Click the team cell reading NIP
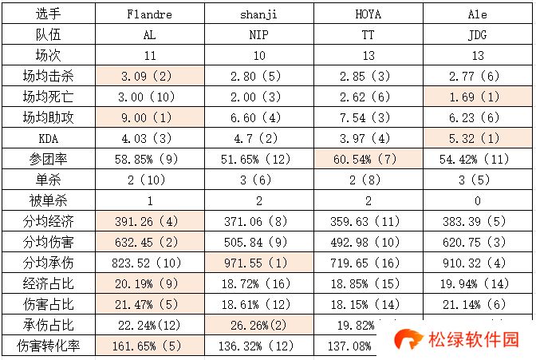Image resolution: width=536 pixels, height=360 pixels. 258,36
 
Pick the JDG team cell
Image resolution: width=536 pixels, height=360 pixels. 478,36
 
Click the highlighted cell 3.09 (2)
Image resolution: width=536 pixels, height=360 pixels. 149,77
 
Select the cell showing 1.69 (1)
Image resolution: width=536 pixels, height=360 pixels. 478,98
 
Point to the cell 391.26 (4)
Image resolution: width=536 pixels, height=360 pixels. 149,222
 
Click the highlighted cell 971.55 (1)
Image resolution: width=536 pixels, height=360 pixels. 258,263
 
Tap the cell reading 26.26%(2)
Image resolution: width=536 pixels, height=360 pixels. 258,325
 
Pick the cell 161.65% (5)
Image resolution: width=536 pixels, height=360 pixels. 149,346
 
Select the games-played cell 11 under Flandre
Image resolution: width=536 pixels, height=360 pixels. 149,57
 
